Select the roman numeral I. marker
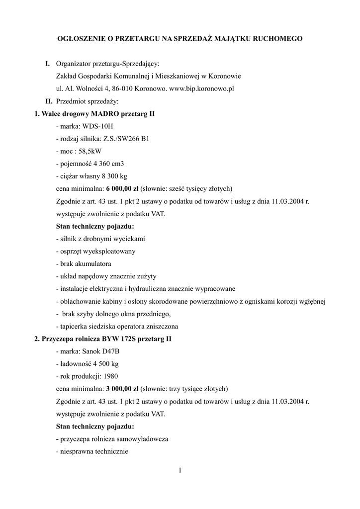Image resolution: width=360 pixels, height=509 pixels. [x=48, y=64]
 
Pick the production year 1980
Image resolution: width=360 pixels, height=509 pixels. [x=109, y=376]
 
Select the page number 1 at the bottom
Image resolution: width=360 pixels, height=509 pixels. [x=180, y=471]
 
